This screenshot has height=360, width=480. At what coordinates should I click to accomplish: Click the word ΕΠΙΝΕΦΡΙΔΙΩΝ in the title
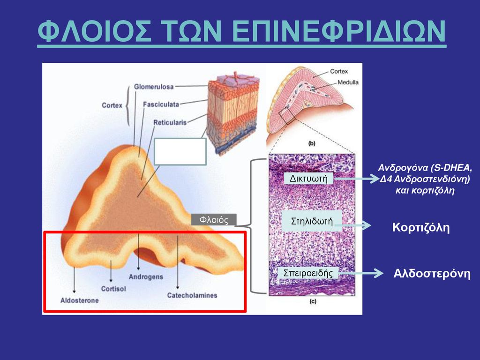click(x=338, y=31)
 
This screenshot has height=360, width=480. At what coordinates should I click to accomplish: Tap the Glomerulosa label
click(x=154, y=87)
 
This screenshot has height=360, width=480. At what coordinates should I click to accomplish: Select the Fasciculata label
click(x=161, y=105)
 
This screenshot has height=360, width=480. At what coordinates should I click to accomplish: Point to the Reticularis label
click(x=170, y=122)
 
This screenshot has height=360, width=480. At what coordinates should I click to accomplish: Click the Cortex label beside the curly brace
click(x=112, y=105)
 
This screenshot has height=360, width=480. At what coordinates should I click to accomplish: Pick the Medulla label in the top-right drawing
click(x=348, y=82)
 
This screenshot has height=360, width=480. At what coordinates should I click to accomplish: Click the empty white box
click(x=180, y=151)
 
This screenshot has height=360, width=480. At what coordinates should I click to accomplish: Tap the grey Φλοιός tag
click(x=214, y=219)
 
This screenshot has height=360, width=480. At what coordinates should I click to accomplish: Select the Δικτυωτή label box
click(x=308, y=178)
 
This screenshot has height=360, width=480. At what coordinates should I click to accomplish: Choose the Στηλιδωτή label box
click(x=312, y=221)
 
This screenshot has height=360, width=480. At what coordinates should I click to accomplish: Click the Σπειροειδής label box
click(x=308, y=273)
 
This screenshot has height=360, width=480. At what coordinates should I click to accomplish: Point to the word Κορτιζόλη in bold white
click(x=421, y=227)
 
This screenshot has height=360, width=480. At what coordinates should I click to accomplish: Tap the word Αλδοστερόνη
click(x=432, y=273)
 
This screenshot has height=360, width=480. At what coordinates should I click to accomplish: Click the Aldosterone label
click(x=80, y=300)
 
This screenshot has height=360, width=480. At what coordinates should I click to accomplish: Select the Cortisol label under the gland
click(x=113, y=289)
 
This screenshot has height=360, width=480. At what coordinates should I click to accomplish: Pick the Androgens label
click(x=146, y=277)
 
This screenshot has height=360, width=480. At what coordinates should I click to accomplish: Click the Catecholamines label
click(x=192, y=295)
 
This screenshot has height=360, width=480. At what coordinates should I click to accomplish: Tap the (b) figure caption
click(x=312, y=143)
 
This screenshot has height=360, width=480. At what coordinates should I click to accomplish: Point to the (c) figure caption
click(x=313, y=301)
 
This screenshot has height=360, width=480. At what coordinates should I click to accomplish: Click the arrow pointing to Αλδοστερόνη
click(x=360, y=273)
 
